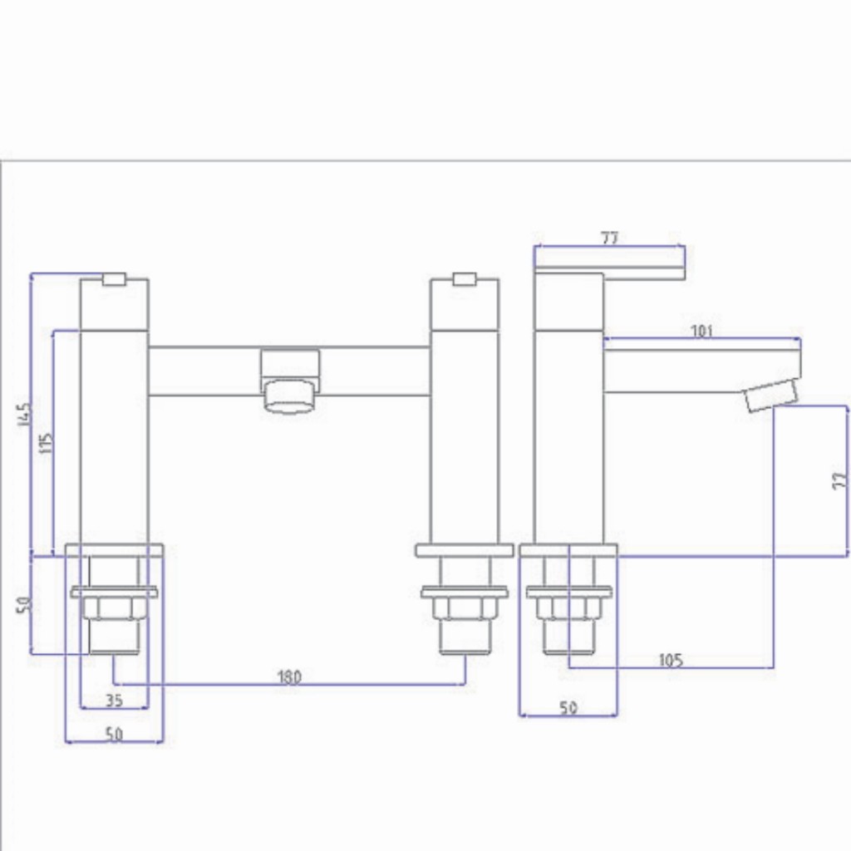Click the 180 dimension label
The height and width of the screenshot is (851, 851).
289,676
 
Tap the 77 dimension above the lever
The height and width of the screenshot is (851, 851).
609,238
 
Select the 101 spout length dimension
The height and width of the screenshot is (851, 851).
702,331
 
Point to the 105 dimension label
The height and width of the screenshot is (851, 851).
671,660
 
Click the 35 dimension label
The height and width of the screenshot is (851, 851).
115,701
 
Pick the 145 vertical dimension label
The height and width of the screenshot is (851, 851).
23,416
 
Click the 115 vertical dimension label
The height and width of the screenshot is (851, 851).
47,441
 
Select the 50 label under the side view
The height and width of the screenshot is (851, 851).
568,708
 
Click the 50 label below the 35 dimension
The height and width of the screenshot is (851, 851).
115,735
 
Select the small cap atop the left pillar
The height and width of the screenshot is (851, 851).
114,278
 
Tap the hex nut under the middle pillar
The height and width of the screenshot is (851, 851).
465,608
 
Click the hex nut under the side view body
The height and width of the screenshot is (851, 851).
569,608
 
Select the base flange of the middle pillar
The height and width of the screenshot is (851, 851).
465,550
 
